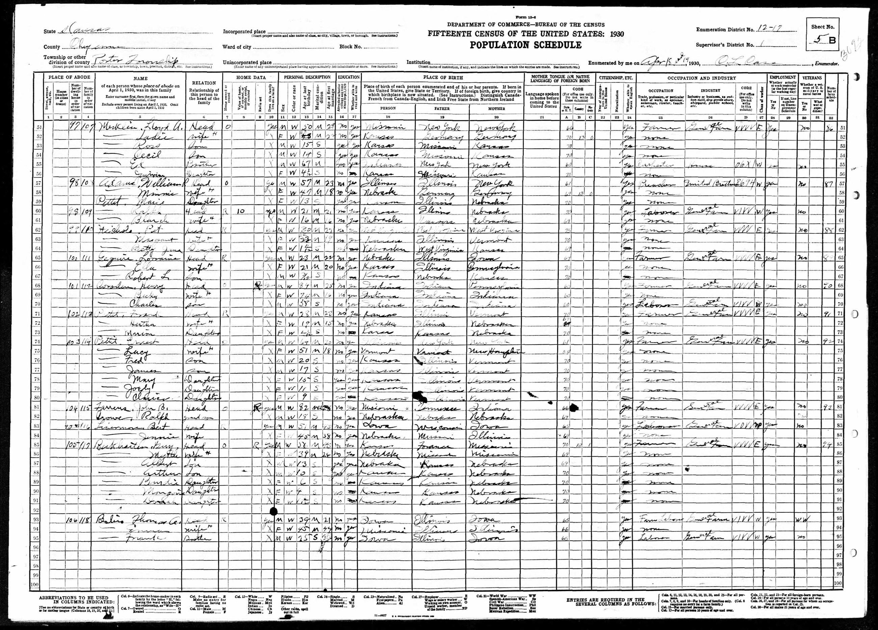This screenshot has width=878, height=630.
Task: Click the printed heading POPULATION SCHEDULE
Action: (x=525, y=45)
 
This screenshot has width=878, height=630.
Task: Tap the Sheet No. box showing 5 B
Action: (x=823, y=40)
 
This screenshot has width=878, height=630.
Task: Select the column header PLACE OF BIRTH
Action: (x=442, y=77)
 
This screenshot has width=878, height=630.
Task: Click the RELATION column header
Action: (x=204, y=83)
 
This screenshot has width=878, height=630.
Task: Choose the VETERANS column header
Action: (x=811, y=77)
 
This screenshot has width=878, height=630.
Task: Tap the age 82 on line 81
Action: (x=305, y=408)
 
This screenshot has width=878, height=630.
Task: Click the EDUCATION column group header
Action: (x=349, y=77)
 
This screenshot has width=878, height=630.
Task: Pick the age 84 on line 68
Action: (x=304, y=287)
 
